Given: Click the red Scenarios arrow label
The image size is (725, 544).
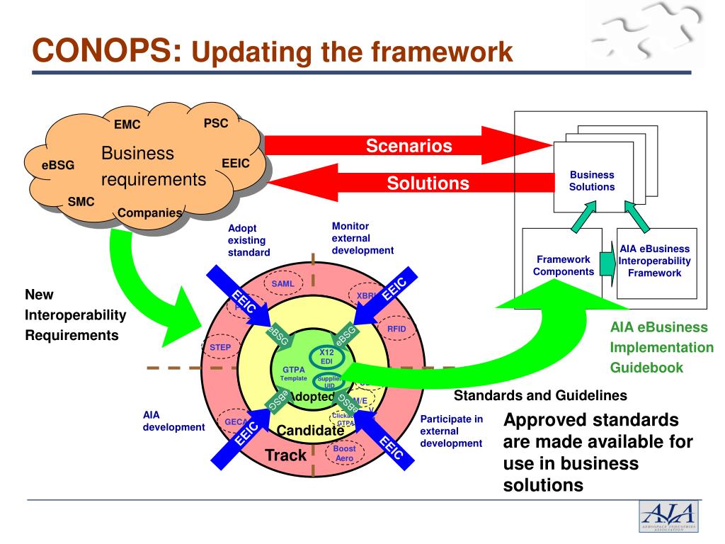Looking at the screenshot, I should tap(409, 147).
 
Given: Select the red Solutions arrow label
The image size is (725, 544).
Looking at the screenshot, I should tap(428, 183).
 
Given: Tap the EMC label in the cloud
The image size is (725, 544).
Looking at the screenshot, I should tap(127, 125).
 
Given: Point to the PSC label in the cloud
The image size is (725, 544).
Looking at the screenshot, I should tap(216, 123).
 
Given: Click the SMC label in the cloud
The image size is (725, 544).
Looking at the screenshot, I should tap(81, 201).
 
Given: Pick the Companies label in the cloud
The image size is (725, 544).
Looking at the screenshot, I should tap(149, 212).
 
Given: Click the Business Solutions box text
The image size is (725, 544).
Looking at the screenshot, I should tap(592, 181).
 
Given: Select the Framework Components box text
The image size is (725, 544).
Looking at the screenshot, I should tap(564, 266).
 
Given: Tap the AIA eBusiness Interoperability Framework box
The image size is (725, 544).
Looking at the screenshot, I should tap(654, 261).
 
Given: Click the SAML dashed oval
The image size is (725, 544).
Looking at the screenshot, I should tap(282, 283).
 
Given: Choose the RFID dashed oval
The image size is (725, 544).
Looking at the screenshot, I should tap(396, 329).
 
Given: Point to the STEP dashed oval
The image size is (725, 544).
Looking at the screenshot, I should tap(221, 347).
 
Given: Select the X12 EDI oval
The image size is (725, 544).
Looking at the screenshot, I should tap(326, 357).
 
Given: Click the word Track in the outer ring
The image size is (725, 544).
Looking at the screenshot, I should tap(285, 455).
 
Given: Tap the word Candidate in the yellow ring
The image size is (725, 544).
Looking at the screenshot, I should tap(310, 430).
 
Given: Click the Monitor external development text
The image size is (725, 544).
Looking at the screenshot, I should tap(362, 238).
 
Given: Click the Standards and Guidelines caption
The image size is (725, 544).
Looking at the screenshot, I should tap(540, 395).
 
